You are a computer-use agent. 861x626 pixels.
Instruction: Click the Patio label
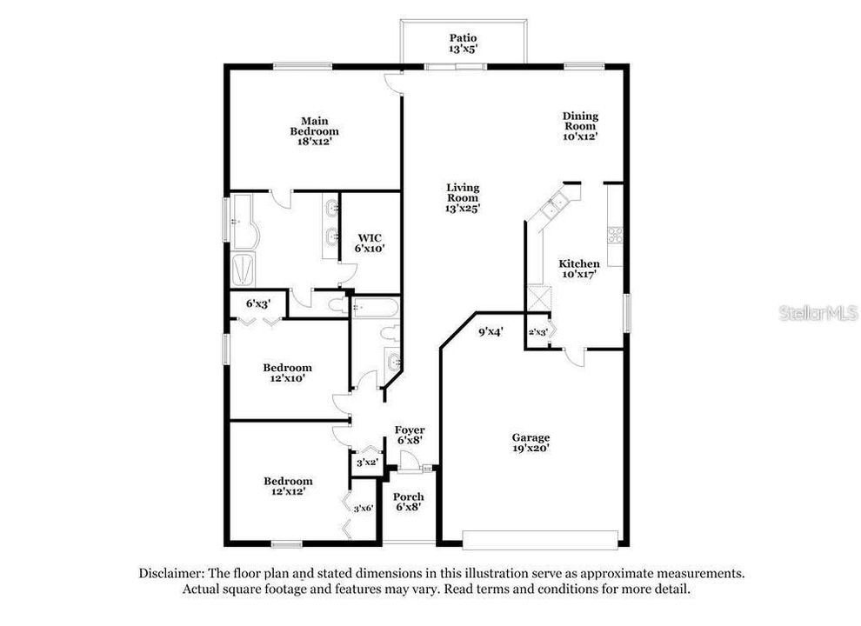(x=464, y=38)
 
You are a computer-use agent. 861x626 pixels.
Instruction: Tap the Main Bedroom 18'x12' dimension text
(x=315, y=142)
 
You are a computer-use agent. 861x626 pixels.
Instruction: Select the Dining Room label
(x=580, y=121)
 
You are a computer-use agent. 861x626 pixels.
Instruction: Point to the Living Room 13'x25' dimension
(x=463, y=208)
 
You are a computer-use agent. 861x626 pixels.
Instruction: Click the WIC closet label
(x=370, y=237)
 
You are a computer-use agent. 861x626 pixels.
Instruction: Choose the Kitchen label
(x=579, y=263)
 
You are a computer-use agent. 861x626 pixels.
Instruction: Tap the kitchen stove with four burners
(x=615, y=236)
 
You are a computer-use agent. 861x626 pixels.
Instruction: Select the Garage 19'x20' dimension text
(x=531, y=448)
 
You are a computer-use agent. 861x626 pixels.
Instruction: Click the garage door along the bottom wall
(x=540, y=539)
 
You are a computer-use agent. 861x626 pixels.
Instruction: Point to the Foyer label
(x=410, y=430)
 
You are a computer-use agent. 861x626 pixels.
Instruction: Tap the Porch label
(x=409, y=496)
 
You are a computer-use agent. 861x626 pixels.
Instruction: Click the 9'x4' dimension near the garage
(x=491, y=331)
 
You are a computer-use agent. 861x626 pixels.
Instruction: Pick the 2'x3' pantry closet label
(x=537, y=332)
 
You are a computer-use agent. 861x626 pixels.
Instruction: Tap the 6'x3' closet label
(x=258, y=303)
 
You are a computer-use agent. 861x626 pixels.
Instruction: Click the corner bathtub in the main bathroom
(x=244, y=222)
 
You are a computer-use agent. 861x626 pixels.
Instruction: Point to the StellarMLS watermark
(x=818, y=313)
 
